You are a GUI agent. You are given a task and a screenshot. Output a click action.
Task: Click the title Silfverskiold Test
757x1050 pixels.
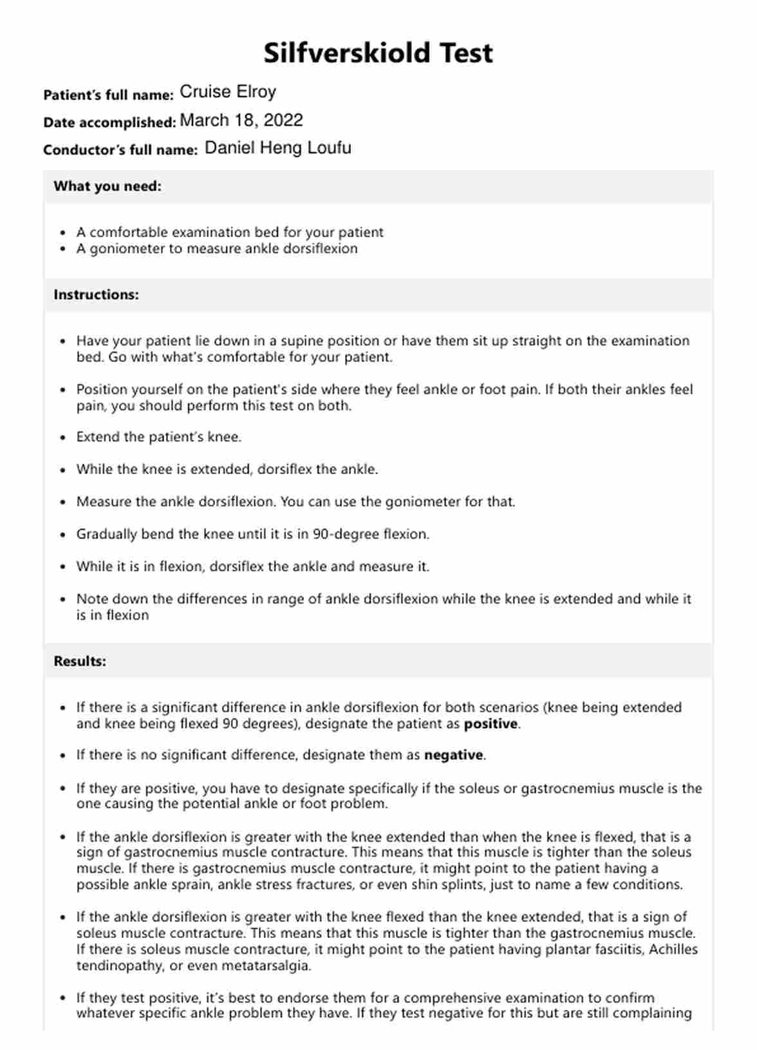coord(378,53)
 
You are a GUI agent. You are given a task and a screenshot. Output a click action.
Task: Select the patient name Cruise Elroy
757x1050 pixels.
coord(228,92)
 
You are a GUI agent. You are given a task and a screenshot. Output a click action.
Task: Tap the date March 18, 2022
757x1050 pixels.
coord(241,120)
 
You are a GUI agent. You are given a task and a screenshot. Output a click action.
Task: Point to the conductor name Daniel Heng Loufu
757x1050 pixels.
coord(278,148)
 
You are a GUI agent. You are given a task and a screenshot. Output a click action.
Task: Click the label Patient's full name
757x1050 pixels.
coord(108,95)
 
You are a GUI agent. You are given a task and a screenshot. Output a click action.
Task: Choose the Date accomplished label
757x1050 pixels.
coord(109,122)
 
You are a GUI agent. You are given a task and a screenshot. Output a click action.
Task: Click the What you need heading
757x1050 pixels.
coord(107,186)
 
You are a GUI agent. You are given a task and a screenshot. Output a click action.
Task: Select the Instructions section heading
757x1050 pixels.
coord(96,295)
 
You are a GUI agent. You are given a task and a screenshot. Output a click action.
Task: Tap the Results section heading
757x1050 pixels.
coord(80,662)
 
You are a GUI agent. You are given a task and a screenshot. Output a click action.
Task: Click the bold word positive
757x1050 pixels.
coord(491,724)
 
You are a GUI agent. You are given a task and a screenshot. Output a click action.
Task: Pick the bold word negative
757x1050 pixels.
coord(453,755)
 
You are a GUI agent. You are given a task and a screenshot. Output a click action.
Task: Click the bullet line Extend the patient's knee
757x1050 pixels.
coord(159,437)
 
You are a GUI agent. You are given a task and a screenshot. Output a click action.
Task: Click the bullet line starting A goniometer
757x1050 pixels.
coord(217,249)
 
